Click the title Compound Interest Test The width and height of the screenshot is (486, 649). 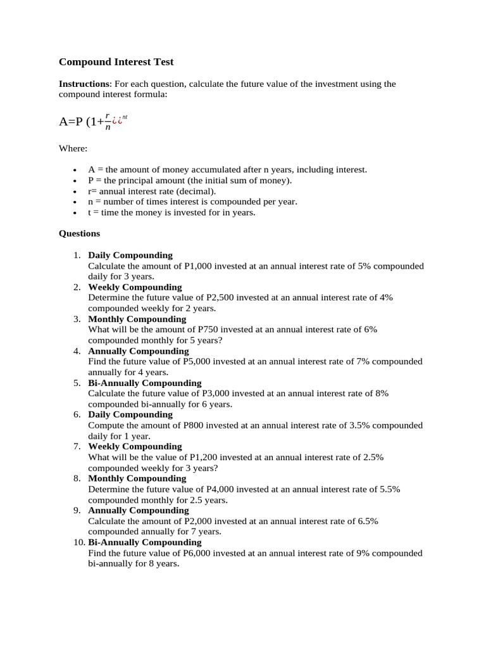click(x=116, y=62)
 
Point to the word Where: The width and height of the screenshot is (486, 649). click(x=73, y=148)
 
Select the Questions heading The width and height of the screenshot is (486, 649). click(x=79, y=233)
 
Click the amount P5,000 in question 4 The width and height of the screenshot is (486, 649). click(x=197, y=361)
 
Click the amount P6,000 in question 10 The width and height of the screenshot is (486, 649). click(x=197, y=553)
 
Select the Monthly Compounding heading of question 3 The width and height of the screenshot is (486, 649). click(x=137, y=319)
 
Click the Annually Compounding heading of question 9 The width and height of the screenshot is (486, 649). click(x=139, y=510)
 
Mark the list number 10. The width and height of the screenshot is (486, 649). click(x=78, y=543)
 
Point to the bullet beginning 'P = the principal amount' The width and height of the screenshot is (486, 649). click(x=190, y=181)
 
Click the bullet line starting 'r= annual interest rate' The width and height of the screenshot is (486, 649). click(x=152, y=191)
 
